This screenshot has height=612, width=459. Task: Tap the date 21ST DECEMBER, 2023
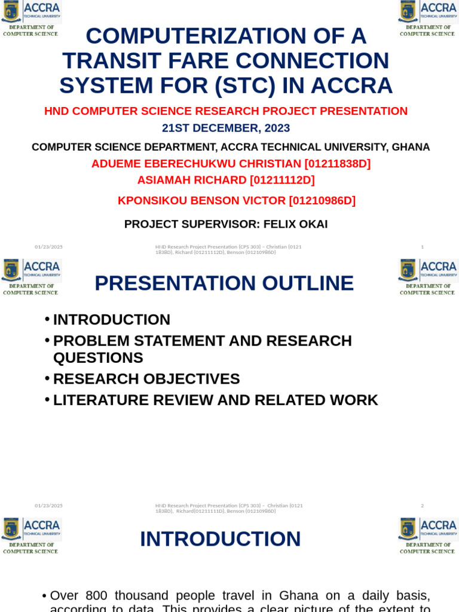[225, 128]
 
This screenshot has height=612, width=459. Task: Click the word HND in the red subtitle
[56, 111]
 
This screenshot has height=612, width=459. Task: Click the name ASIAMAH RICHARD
[191, 180]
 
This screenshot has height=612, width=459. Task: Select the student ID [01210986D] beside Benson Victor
[322, 201]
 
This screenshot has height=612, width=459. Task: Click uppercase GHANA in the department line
[411, 147]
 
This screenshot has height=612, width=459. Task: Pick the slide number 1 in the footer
[422, 247]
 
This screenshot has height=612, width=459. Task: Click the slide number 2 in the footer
[422, 506]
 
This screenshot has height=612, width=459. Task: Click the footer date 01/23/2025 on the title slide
[48, 247]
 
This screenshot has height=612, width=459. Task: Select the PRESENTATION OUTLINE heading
[224, 283]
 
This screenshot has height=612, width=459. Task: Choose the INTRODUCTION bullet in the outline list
[112, 320]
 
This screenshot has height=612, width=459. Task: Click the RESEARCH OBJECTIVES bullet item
[146, 379]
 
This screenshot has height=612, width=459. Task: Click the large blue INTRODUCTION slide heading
[220, 539]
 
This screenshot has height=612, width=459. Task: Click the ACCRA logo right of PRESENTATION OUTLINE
[427, 276]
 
